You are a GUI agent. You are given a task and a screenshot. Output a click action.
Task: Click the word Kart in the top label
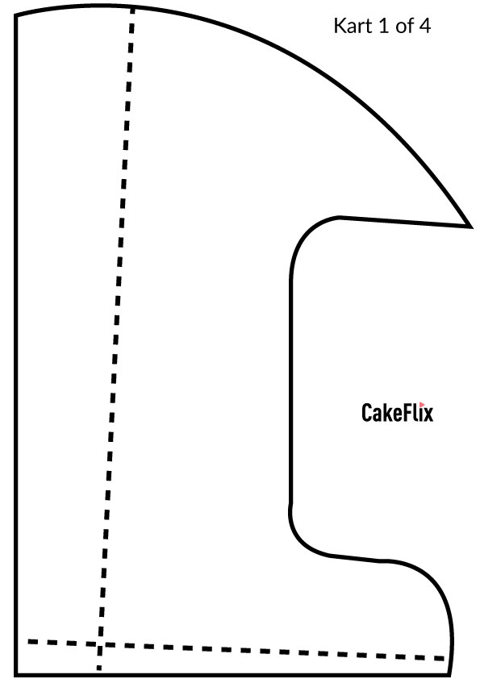pyautogui.click(x=353, y=26)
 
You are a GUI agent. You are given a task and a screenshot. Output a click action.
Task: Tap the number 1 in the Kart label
pyautogui.click(x=384, y=26)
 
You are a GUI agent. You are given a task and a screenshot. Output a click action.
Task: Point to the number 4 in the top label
pyautogui.click(x=424, y=26)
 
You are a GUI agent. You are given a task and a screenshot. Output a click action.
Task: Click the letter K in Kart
pyautogui.click(x=339, y=26)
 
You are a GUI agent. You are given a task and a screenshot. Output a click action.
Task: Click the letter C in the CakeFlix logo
pyautogui.click(x=366, y=412)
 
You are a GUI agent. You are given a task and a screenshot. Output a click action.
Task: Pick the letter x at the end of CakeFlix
pyautogui.click(x=428, y=414)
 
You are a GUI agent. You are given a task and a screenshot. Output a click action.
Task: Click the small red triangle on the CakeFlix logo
pyautogui.click(x=422, y=405)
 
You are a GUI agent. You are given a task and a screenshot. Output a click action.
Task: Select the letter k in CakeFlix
pyautogui.click(x=388, y=412)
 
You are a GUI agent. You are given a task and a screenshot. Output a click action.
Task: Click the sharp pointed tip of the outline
pyautogui.click(x=470, y=226)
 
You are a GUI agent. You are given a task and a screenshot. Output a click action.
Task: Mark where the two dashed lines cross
pyautogui.click(x=100, y=645)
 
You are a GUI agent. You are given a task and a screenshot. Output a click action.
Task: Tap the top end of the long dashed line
pyautogui.click(x=133, y=8)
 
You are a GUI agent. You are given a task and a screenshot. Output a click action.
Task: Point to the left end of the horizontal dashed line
pyautogui.click(x=28, y=641)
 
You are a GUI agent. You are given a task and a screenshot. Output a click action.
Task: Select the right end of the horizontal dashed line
pyautogui.click(x=445, y=659)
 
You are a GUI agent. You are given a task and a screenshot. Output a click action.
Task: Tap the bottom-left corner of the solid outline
pyautogui.click(x=16, y=674)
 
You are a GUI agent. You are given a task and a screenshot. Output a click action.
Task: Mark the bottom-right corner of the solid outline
pyautogui.click(x=449, y=674)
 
